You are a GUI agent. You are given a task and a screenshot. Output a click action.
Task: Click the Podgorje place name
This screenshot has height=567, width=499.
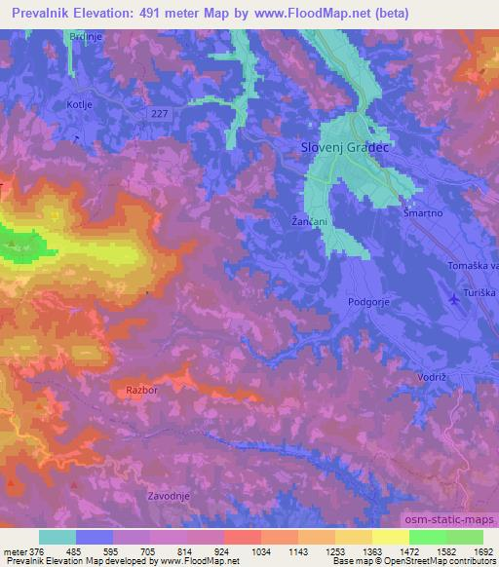click(x=368, y=302)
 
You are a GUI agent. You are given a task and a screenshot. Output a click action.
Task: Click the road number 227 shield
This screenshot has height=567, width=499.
click(x=160, y=114)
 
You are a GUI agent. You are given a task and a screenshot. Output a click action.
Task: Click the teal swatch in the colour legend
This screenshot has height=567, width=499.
click(x=58, y=538)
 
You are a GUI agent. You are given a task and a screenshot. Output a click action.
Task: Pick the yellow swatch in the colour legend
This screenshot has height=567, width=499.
click(x=390, y=538)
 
